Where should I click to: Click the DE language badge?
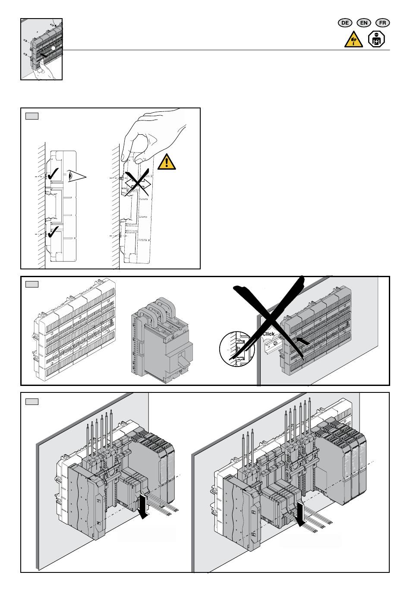[345, 23]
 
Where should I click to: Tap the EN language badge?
[364, 23]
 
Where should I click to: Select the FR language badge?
[382, 23]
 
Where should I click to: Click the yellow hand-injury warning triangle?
[353, 40]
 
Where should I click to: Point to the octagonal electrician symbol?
[376, 39]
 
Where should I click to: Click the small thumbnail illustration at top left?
[41, 49]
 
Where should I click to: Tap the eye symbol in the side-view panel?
[76, 176]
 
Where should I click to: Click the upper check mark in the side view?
[53, 174]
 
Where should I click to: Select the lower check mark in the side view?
[53, 232]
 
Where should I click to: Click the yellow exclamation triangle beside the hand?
[167, 162]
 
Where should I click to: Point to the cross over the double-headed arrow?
[137, 183]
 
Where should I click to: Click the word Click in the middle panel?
[268, 334]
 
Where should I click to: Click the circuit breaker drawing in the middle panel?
[162, 340]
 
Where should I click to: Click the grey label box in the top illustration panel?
[32, 116]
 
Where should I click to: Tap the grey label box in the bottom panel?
[32, 401]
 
